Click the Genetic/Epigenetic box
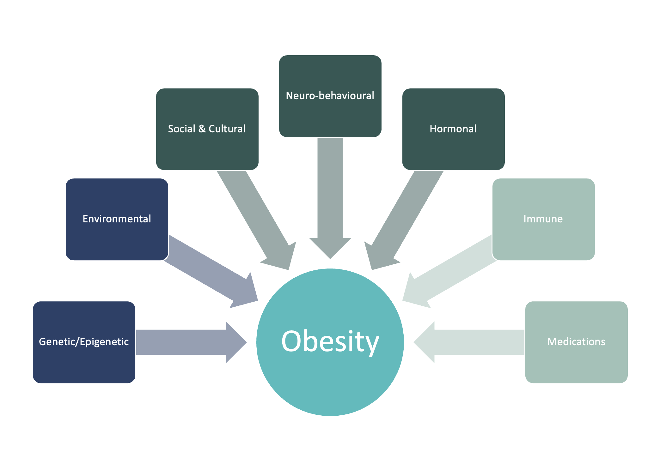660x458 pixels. pos(84,342)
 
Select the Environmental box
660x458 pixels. pos(117,219)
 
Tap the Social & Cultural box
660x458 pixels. pos(207,129)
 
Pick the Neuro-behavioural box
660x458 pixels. pos(330,96)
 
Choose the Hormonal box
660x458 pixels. pos(453,129)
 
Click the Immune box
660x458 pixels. pos(543,219)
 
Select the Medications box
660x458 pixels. pos(576,342)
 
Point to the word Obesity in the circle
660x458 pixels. pos(330,342)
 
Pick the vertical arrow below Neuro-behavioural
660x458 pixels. pos(330,196)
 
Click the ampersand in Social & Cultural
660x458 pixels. pos(202,129)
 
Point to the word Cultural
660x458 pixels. pos(227,129)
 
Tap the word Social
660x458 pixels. pos(181,129)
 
